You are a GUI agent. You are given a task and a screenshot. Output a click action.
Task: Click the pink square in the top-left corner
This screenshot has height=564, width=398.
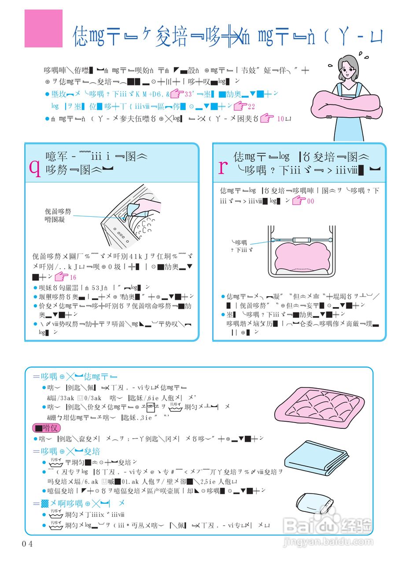click(43, 28)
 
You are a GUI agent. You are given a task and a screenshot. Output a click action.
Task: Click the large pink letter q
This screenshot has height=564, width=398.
click(35, 168)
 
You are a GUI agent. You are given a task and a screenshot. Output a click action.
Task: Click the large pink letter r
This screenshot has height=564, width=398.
click(223, 167)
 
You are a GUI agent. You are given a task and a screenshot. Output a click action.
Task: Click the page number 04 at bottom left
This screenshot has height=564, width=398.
click(27, 543)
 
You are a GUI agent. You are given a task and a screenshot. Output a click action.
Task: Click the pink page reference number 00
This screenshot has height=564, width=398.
click(310, 201)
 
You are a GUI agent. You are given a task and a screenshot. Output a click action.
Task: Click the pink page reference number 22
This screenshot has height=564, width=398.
click(251, 106)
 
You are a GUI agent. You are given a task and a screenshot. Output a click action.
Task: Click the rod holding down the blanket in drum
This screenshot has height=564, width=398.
click(299, 240)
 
